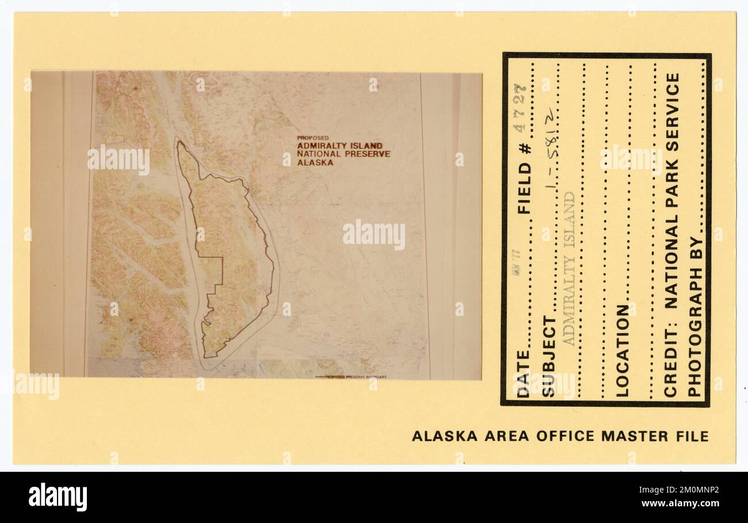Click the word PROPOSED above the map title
(x=313, y=138)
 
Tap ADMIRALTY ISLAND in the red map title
(x=339, y=146)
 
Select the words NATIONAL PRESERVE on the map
(x=344, y=154)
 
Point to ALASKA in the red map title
(x=315, y=163)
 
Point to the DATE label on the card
(x=523, y=375)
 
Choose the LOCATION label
(x=623, y=351)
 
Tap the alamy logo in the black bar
(x=58, y=497)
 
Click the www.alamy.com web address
(x=680, y=503)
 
